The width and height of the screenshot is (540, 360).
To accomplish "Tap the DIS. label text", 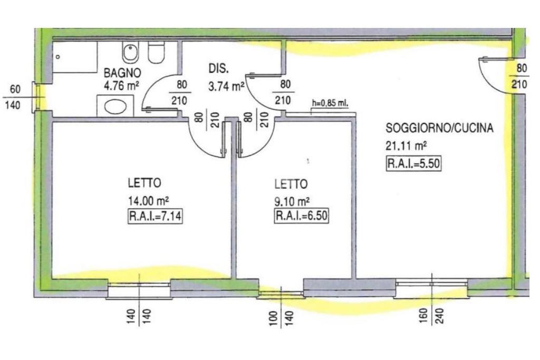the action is (218, 69).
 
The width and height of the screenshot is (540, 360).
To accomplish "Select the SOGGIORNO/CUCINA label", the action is (439, 128).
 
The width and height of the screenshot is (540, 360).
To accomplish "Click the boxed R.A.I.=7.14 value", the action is (155, 217).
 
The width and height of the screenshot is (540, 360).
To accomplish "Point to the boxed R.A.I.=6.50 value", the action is (301, 216).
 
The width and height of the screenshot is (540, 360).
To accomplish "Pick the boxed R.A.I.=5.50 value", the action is (413, 163).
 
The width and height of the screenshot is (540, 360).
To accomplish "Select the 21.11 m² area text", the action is (406, 146).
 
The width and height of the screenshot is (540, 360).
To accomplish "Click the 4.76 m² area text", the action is (121, 85).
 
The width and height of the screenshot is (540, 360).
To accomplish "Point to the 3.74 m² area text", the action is (226, 86).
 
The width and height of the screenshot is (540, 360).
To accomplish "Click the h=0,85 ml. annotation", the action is (330, 103).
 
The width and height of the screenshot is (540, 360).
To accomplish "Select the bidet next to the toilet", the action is (131, 52).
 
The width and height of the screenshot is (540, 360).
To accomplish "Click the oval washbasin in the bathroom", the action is (115, 106).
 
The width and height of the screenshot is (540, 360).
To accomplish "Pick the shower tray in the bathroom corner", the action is (75, 57).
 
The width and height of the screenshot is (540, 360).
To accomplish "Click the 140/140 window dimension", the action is (139, 318).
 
